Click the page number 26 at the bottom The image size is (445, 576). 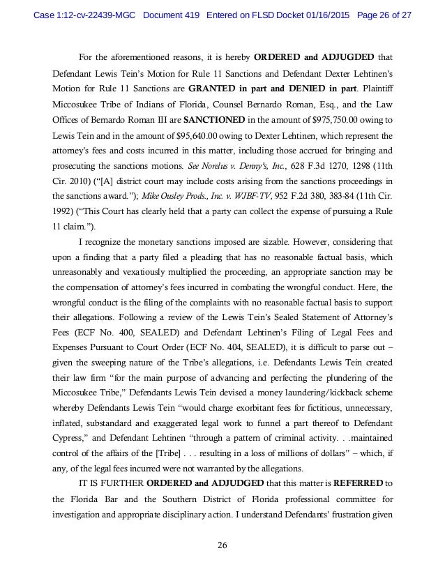pyautogui.click(x=222, y=545)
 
